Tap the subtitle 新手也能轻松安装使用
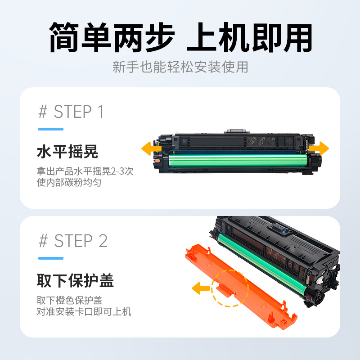pyautogui.click(x=180, y=67)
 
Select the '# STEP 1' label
pyautogui.click(x=71, y=112)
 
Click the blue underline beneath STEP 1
pyautogui.click(x=50, y=129)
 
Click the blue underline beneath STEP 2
pyautogui.click(x=50, y=258)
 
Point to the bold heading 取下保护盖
pyautogui.click(x=75, y=281)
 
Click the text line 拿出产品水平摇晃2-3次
pyautogui.click(x=85, y=171)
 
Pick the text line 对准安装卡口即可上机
pyautogui.click(x=84, y=311)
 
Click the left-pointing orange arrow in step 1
pyautogui.click(x=151, y=148)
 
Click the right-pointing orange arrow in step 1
pyautogui.click(x=319, y=148)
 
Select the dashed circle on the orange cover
pyautogui.click(x=229, y=288)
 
